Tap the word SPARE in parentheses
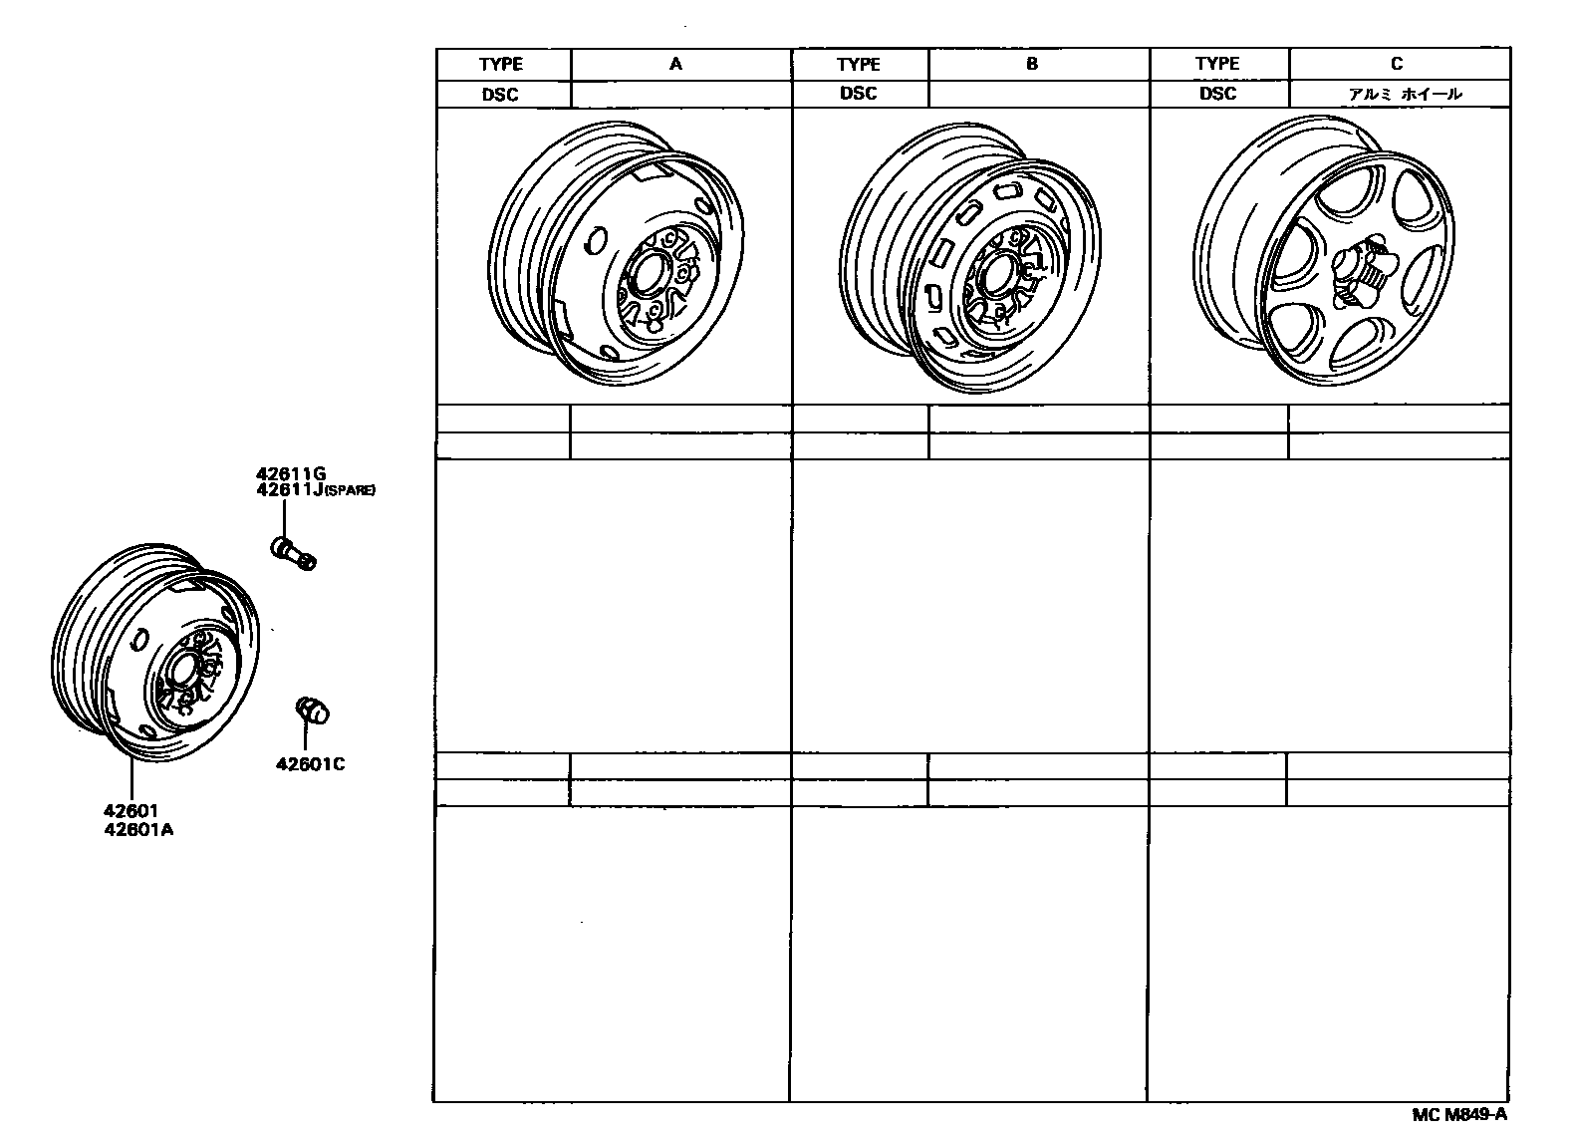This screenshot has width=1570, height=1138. pos(351,491)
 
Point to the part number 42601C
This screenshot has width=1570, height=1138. pos(311,765)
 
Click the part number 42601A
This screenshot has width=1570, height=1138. pos(137,829)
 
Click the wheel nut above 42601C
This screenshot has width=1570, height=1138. pos(313,711)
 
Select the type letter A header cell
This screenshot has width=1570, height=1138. pos(675,64)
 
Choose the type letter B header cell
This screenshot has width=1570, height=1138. pos(1032,64)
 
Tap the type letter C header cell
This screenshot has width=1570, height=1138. pos(1397,64)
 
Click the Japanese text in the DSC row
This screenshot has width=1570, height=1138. pos(1405,94)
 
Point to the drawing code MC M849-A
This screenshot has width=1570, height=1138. pos(1459,1115)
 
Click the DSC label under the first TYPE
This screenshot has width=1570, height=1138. pos(500,95)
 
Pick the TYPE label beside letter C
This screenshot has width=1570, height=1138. pos(1216,64)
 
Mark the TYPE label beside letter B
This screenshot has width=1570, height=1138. pos(858,64)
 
